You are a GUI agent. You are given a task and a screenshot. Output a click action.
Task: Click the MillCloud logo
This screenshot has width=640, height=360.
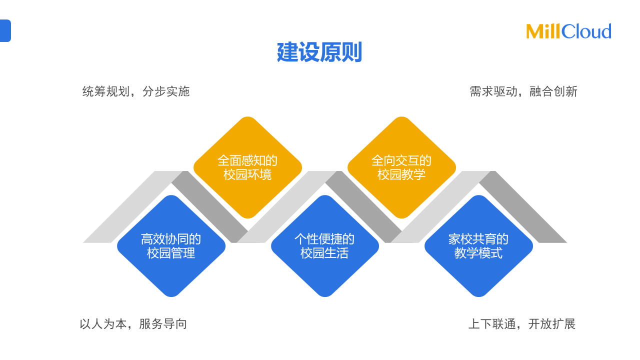[568, 31]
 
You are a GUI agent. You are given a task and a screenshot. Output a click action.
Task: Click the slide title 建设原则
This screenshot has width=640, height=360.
[319, 52]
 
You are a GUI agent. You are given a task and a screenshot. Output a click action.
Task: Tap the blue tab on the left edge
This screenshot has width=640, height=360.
[5, 30]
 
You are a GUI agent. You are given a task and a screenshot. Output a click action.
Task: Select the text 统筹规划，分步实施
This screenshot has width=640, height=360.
[136, 91]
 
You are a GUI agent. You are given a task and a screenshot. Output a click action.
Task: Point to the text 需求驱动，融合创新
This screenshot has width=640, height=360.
[523, 91]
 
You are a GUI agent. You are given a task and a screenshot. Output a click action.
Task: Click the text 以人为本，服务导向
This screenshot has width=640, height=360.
[133, 324]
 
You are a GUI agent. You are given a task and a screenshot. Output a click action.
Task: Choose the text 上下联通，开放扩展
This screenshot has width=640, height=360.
[522, 324]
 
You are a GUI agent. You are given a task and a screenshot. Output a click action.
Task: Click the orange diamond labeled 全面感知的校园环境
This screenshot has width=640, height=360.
[247, 167]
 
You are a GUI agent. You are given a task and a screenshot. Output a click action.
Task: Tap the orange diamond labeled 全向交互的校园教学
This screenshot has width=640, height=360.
[401, 167]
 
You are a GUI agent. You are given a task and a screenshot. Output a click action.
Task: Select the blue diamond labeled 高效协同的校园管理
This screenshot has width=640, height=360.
[171, 246]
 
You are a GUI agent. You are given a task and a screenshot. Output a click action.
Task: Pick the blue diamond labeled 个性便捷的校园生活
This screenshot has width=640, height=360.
[324, 246]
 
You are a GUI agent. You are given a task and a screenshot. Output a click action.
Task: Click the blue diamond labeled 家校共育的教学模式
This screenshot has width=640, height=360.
[478, 246]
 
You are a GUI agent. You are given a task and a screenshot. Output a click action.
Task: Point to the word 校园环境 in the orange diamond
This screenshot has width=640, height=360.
[247, 175]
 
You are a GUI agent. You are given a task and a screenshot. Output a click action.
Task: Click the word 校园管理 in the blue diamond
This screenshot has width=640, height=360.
[171, 253]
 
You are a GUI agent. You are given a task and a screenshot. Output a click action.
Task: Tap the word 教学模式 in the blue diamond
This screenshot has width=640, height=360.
[478, 253]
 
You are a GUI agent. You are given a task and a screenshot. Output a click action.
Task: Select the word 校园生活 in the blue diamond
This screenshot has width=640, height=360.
[324, 253]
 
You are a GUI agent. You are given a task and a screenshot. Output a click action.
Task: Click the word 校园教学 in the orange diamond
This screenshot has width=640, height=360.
[401, 175]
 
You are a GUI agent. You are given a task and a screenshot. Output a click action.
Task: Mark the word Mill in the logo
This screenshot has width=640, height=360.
[543, 31]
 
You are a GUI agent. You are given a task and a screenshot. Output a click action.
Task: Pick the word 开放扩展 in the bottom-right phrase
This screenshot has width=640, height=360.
[552, 324]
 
